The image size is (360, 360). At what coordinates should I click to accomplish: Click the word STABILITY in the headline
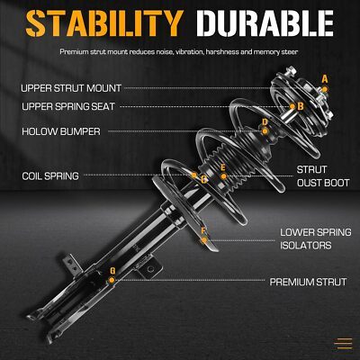[104, 23]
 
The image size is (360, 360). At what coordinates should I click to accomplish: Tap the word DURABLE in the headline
[265, 23]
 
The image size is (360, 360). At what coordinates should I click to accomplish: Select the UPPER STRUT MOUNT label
[71, 88]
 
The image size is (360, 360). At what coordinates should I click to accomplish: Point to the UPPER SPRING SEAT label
[68, 106]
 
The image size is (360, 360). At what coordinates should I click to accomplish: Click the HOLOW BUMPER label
[61, 131]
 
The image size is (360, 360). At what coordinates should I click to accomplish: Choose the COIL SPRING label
[50, 176]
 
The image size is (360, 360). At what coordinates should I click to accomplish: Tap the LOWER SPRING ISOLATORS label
[316, 238]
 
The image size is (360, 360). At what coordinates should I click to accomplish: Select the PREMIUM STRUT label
[308, 282]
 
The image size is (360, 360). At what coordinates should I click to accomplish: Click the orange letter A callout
[325, 79]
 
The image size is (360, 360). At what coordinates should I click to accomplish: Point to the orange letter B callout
[301, 106]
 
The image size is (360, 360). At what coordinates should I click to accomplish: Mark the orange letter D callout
[265, 122]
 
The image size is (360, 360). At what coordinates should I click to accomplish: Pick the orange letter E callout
[222, 167]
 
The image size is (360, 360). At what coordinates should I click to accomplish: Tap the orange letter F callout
[203, 231]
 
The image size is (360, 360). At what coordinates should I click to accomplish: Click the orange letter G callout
[112, 271]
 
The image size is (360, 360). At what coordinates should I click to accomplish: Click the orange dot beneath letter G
[112, 280]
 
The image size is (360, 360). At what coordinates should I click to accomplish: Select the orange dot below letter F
[204, 240]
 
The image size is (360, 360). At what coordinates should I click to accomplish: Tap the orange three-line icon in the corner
[343, 344]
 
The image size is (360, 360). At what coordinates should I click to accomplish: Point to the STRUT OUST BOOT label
[323, 176]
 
